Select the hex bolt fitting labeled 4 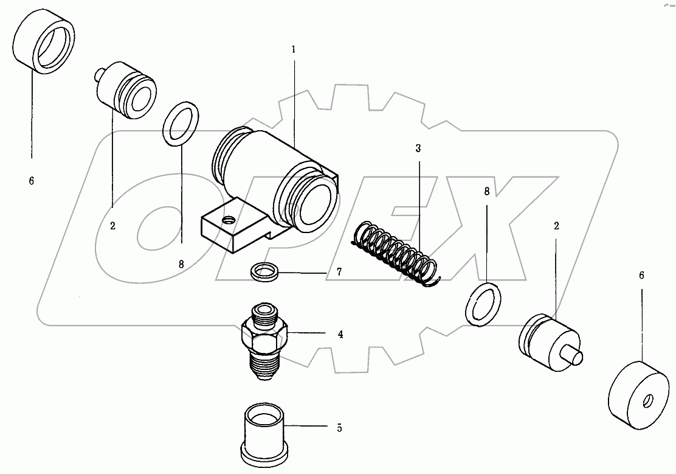pos(263,341)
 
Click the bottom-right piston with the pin pos(548,342)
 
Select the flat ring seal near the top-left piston pos(181,125)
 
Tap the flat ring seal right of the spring pos(484,304)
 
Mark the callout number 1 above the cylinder pos(294,49)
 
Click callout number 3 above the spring pos(418,148)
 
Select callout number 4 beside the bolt pos(340,334)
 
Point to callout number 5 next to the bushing pos(339,428)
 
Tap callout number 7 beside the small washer pos(339,273)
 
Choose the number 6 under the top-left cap pos(32,181)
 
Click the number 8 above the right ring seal pos(486,192)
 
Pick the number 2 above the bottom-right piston pos(556,226)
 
